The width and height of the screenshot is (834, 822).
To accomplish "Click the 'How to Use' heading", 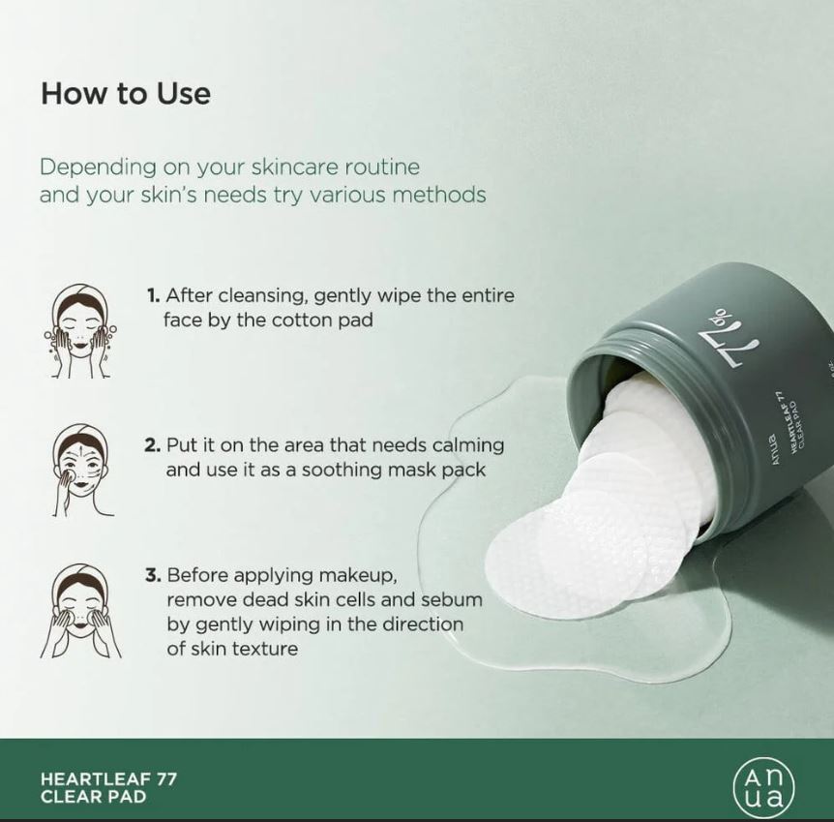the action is (x=126, y=94).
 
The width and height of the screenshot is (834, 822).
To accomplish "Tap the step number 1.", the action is (x=153, y=295).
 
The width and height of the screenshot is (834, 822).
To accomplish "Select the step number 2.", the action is (x=153, y=445).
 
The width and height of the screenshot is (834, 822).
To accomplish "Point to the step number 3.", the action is (x=153, y=575).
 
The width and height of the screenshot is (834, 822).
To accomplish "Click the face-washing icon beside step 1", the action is (x=81, y=331).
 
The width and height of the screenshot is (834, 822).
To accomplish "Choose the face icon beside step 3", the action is (x=81, y=611).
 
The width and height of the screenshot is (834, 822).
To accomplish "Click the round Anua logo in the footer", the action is (x=763, y=787).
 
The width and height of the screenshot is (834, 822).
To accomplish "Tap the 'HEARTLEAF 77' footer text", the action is (x=108, y=778).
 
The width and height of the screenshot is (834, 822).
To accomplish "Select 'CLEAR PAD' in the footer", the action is (x=93, y=797).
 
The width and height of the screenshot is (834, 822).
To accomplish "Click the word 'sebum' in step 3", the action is (x=452, y=600).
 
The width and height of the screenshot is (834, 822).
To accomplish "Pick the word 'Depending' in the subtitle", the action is (x=99, y=168).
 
